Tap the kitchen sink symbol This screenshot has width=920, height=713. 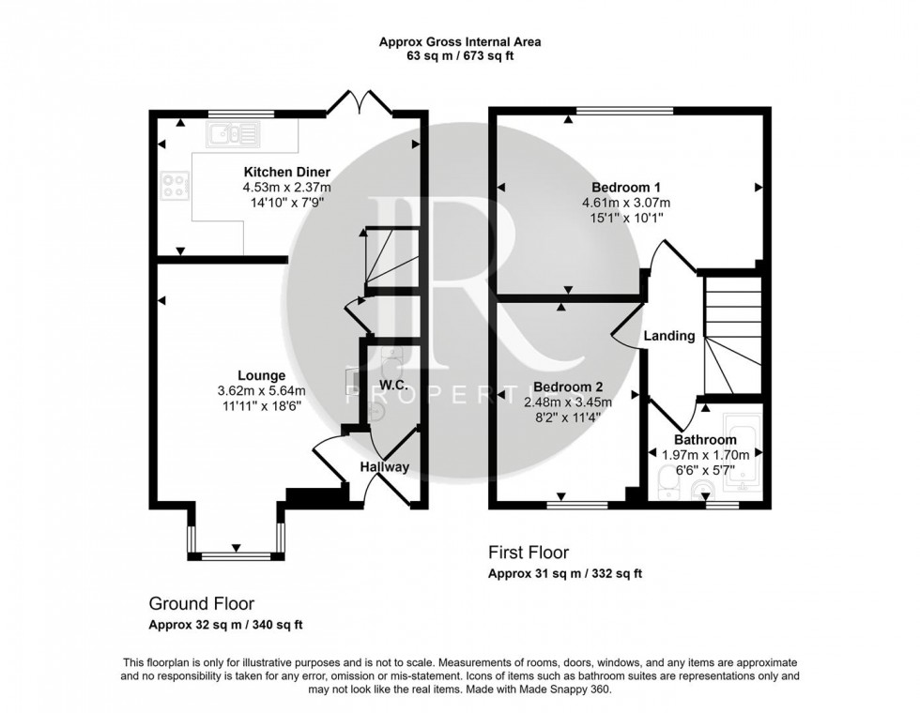233,135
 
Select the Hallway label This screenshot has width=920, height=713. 385,467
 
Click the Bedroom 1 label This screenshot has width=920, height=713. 626,187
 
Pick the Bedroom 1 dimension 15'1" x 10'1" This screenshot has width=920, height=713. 626,216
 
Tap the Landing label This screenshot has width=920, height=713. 669,336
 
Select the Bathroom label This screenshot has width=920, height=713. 705,439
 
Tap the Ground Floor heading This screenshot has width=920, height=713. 202,604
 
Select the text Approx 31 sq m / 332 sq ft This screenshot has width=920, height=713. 565,573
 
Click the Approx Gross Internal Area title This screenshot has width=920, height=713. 460,41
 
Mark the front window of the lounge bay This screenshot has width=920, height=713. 233,556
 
